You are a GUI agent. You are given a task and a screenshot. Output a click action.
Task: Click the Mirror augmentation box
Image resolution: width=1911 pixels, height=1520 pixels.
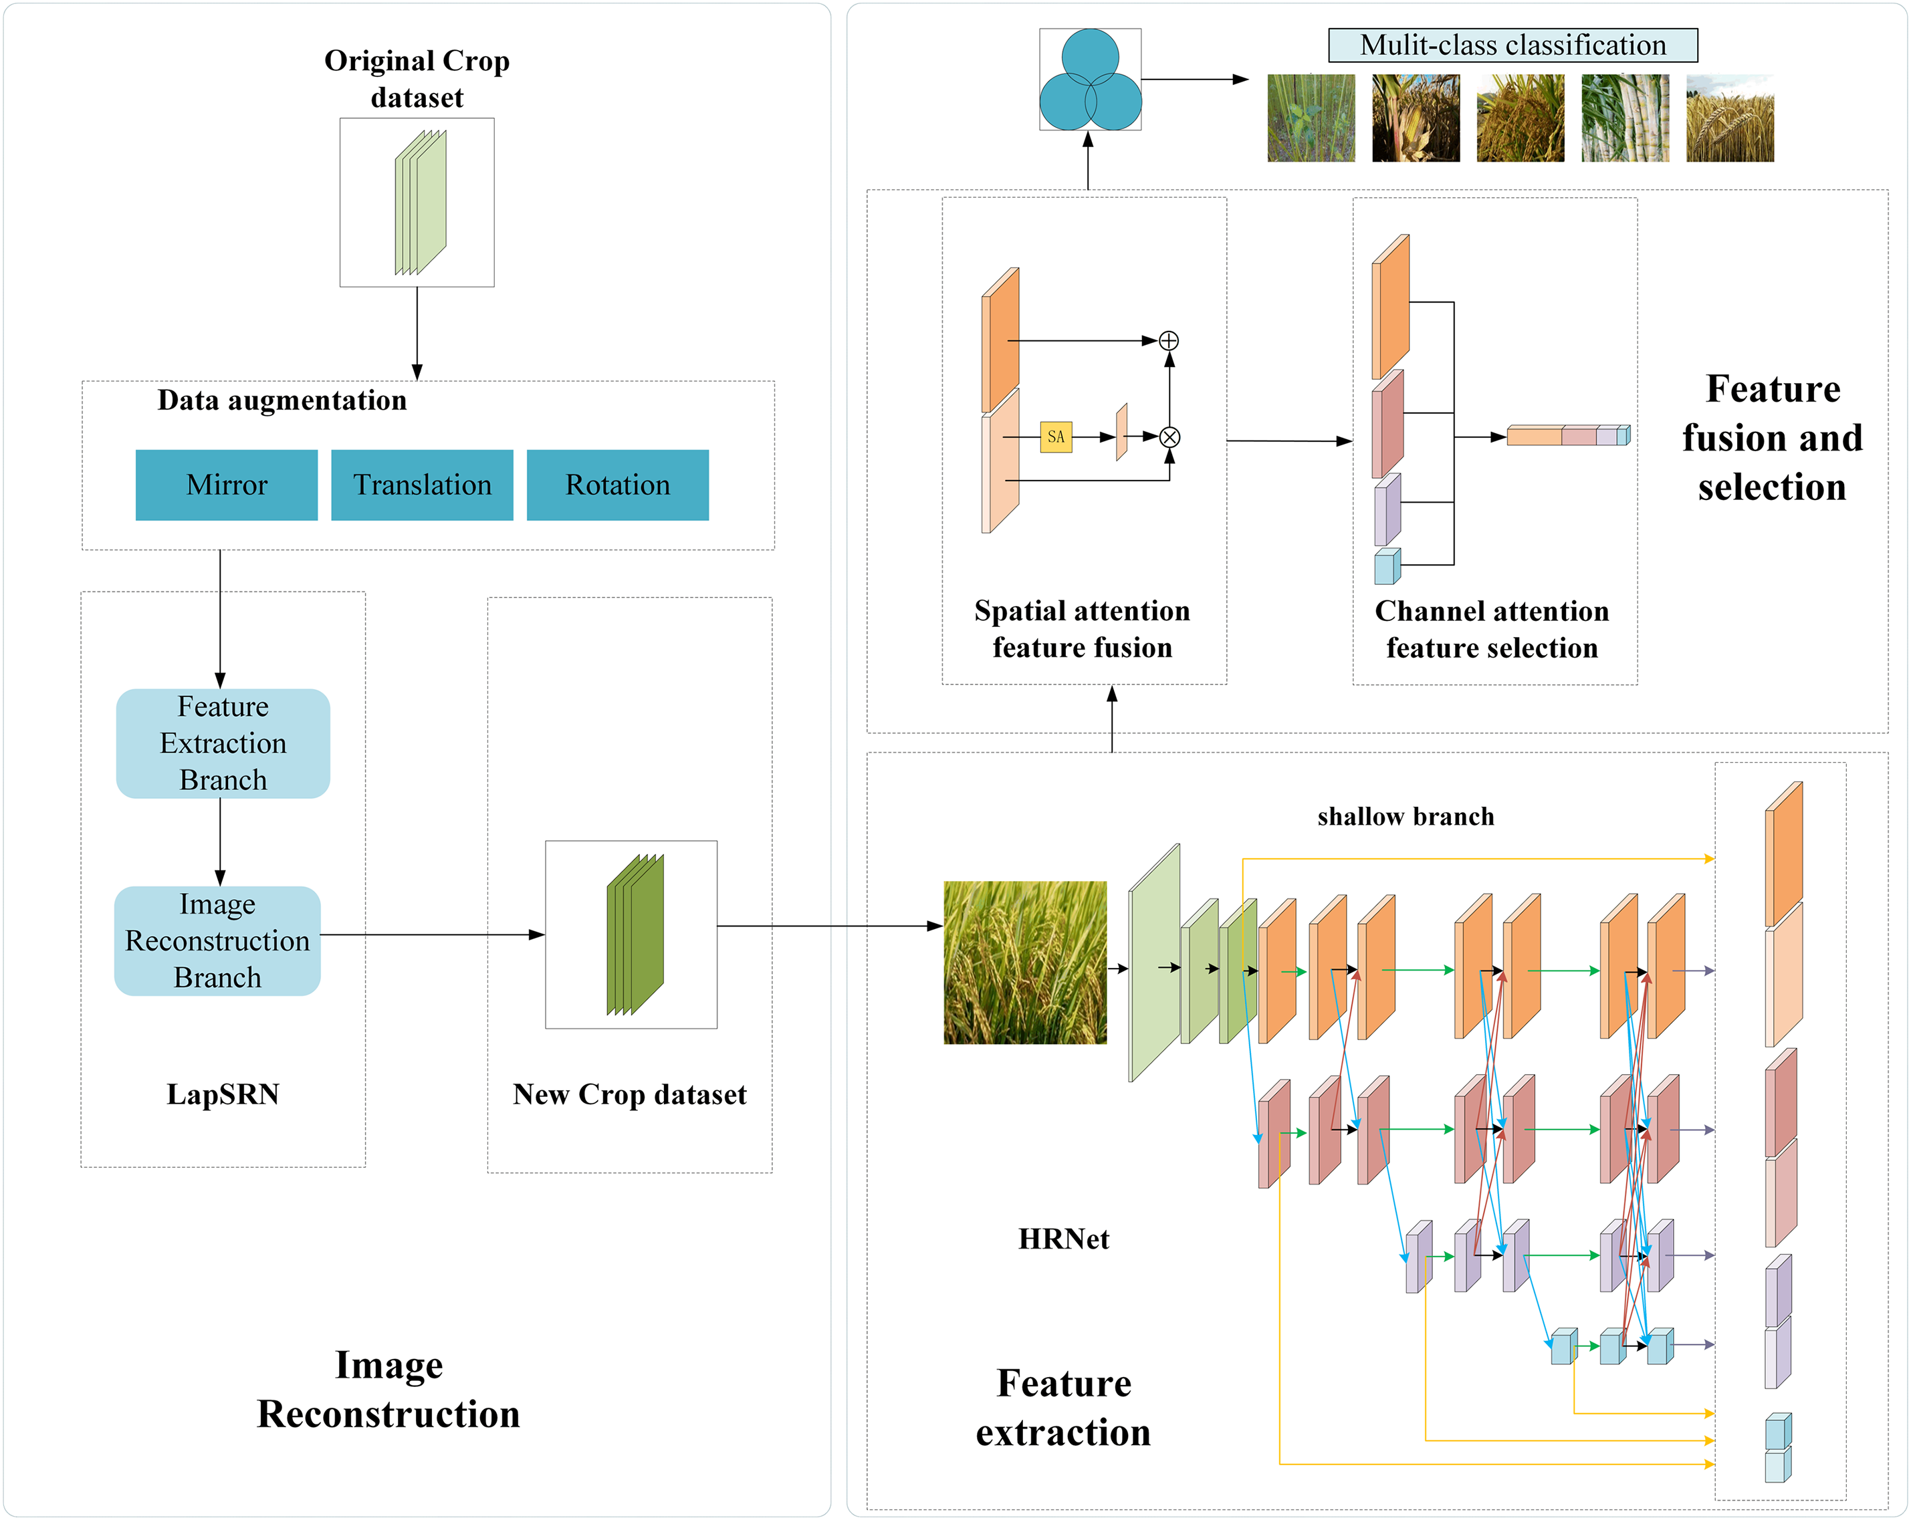(226, 485)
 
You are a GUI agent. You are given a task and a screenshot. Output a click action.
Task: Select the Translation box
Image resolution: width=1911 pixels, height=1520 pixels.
(422, 485)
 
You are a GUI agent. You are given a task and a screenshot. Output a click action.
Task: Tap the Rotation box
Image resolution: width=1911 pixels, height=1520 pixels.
(618, 485)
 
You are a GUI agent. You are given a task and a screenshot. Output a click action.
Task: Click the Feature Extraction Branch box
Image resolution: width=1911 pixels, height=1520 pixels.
(223, 743)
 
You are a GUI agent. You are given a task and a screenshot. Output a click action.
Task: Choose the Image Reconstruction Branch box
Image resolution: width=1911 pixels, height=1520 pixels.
(217, 941)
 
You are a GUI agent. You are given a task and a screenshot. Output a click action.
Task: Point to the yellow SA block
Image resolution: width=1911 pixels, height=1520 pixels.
(1056, 437)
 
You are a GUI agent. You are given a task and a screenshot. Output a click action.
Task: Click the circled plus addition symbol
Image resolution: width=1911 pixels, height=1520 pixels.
(1169, 340)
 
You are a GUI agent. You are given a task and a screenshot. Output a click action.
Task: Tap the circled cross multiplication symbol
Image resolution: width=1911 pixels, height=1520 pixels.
(1170, 437)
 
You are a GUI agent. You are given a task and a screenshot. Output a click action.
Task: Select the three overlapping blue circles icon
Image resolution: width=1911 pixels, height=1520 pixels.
(1090, 80)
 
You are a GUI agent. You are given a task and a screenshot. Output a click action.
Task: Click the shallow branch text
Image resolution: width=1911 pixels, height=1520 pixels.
(1406, 816)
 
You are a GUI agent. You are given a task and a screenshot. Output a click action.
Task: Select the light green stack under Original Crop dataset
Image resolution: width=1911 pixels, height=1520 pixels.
(420, 202)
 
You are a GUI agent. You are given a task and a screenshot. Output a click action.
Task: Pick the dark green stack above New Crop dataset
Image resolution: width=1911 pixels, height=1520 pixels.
(635, 934)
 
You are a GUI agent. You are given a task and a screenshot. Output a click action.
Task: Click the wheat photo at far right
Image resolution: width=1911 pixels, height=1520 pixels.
(1729, 118)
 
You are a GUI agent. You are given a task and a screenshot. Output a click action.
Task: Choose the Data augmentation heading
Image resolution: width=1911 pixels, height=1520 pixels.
(282, 400)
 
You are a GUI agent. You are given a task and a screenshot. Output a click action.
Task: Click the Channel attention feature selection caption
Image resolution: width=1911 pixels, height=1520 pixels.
(1492, 629)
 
